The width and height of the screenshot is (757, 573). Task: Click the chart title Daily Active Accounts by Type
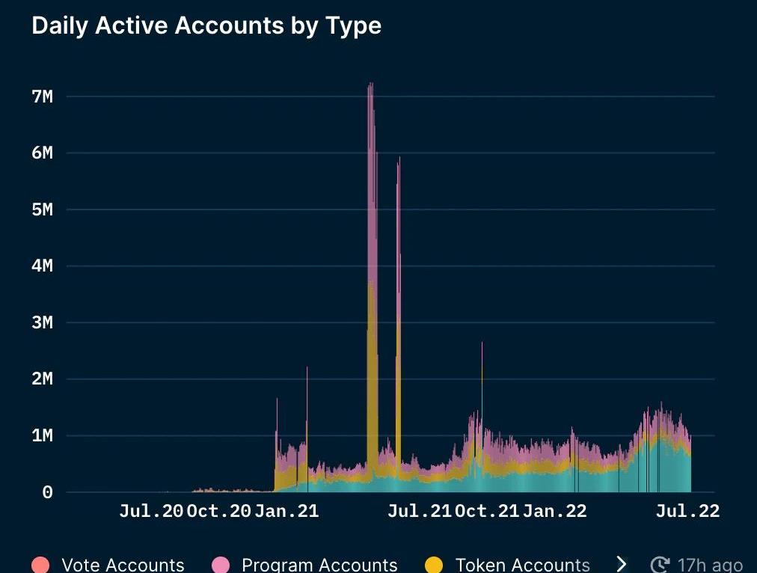[x=206, y=25]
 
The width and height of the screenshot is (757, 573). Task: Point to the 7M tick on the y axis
[x=42, y=96]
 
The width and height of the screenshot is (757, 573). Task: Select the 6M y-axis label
[x=42, y=153]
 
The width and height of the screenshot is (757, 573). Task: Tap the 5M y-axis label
[x=42, y=209]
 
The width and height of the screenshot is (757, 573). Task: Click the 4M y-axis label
[x=42, y=266]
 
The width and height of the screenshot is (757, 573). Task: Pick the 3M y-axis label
[x=42, y=322]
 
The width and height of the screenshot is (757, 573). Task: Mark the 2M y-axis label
[x=42, y=379]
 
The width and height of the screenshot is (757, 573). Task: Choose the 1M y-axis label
[x=42, y=435]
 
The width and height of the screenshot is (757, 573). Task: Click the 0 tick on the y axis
[x=47, y=492]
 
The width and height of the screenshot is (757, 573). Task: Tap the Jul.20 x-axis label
[x=151, y=512]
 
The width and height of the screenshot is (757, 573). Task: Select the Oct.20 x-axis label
[x=218, y=512]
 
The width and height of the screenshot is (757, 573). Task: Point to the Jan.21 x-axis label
[x=286, y=512]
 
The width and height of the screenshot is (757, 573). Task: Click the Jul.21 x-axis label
[x=420, y=512]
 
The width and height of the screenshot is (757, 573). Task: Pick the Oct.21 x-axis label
[x=487, y=512]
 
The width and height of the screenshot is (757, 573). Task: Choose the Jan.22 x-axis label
[x=554, y=512]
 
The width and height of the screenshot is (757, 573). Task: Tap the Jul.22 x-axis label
[x=687, y=512]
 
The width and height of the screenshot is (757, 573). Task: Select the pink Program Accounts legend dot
[x=221, y=565]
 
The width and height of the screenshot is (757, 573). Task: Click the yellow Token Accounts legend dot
[x=434, y=565]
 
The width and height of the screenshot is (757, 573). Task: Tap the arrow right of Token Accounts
[x=621, y=564]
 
